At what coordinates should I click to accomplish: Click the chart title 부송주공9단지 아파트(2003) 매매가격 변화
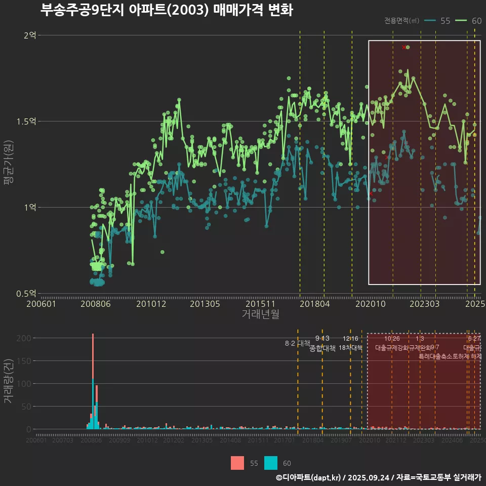tap(167, 10)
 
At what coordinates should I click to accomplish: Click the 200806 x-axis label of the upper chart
tap(96, 304)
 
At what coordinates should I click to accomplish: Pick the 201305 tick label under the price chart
tap(205, 304)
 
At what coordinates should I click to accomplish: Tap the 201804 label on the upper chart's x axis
tap(315, 304)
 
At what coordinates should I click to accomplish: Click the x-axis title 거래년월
tap(260, 314)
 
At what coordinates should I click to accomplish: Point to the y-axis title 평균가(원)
tap(9, 165)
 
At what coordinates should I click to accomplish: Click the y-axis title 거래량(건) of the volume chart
tap(9, 381)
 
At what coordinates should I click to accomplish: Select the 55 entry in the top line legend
tap(439, 21)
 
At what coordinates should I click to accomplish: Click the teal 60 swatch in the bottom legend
tap(271, 463)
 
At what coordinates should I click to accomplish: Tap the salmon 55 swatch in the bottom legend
tap(237, 463)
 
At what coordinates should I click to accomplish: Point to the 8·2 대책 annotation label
tap(297, 343)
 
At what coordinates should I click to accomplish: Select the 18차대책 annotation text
tap(350, 348)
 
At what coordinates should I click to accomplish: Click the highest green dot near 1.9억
tap(408, 47)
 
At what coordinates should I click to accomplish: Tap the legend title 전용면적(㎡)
tap(401, 21)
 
